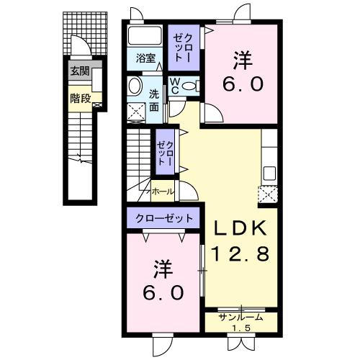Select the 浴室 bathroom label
146,58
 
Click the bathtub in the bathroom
146,37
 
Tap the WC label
174,86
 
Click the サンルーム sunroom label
240,316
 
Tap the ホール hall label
162,192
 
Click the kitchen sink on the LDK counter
269,173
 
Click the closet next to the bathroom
181,45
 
